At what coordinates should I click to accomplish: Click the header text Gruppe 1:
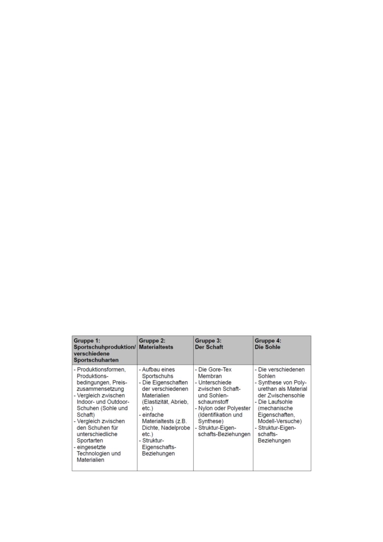point(87,341)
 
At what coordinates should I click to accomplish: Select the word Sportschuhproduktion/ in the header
point(104,347)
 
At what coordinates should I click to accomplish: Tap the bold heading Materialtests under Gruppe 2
point(156,347)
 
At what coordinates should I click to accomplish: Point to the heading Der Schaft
point(209,347)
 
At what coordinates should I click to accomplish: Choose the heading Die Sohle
point(267,347)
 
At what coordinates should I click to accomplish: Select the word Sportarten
point(90,440)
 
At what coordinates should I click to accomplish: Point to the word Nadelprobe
point(175,427)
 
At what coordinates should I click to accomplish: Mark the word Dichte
point(150,427)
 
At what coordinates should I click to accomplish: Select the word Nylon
point(206,408)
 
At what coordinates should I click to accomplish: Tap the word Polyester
point(237,408)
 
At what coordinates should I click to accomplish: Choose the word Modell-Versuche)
point(280,421)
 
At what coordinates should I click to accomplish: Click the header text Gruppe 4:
point(268,341)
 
